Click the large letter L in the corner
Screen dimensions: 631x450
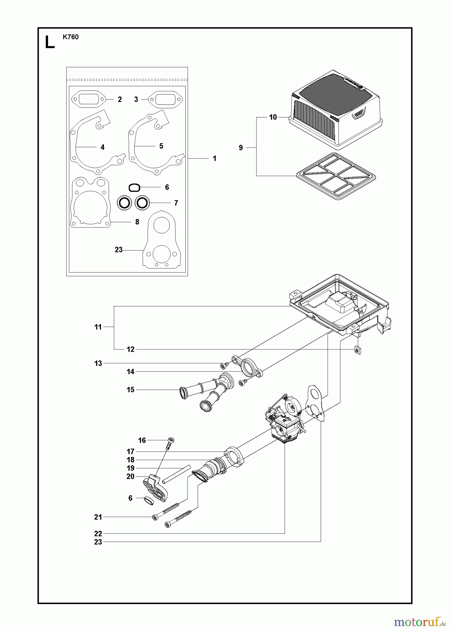50,42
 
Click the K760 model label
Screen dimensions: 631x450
71,37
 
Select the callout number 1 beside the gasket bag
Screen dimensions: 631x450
214,158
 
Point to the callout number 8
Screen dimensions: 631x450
137,222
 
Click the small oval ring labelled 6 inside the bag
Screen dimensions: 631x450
135,188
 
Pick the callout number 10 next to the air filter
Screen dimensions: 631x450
273,117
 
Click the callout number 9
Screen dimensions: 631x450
241,148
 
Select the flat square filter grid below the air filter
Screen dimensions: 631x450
336,176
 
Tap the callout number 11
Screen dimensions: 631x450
98,327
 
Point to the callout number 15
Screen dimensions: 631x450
130,390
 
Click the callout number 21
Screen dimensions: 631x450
98,517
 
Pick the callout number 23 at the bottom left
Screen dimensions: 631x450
98,542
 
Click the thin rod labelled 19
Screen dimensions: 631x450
176,474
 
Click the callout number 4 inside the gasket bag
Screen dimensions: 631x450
102,147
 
